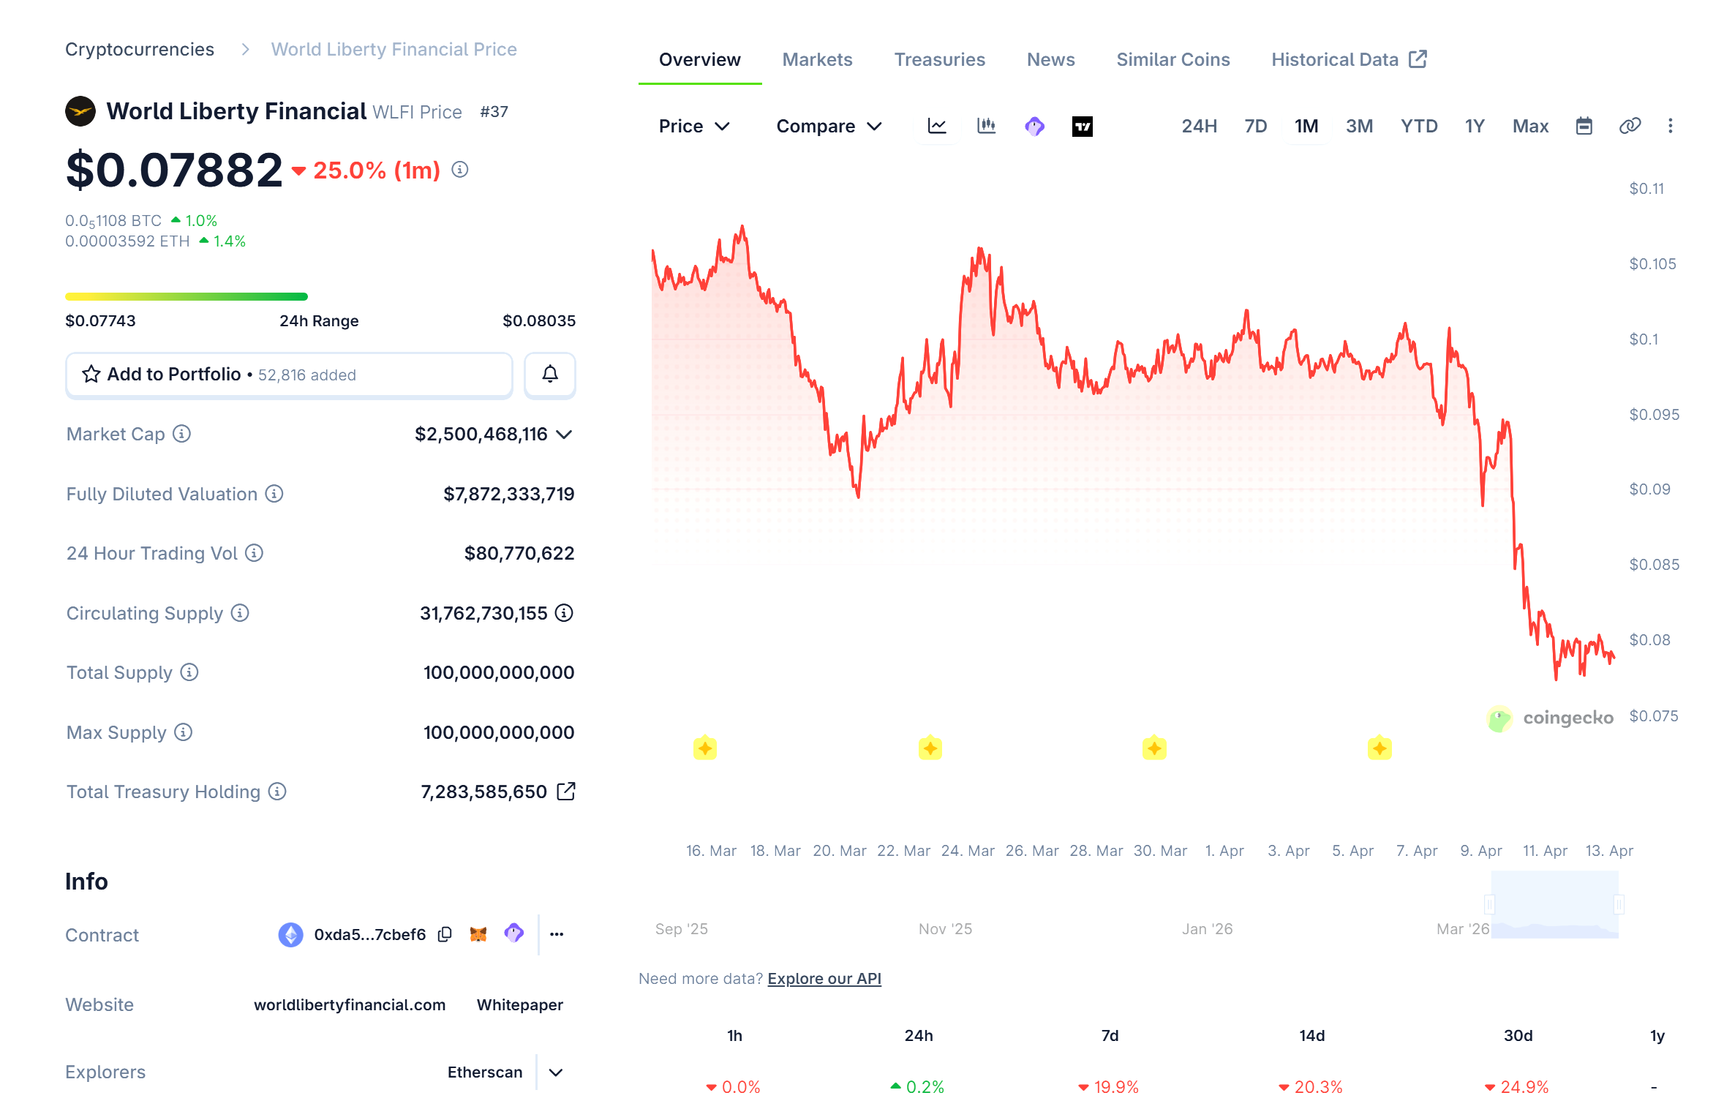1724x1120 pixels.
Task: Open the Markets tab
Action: (817, 59)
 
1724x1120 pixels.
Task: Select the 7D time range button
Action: (1255, 126)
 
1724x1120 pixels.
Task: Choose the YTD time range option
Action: (1418, 126)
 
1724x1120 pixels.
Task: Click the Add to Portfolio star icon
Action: (91, 375)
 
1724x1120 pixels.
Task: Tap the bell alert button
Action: (549, 375)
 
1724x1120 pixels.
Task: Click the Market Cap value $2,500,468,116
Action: (481, 434)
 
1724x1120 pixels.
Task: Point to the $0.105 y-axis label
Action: (1652, 264)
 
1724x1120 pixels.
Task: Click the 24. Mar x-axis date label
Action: (967, 851)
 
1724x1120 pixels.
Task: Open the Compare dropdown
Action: (829, 126)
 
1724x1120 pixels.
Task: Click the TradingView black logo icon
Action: (1082, 126)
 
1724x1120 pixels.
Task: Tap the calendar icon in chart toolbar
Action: (1584, 126)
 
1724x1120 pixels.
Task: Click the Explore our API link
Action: (824, 979)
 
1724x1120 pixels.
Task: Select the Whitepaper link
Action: (519, 1004)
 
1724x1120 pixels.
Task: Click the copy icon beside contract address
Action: (445, 934)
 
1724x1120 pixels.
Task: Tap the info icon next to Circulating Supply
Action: (240, 613)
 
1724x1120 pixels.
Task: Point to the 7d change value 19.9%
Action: (1115, 1087)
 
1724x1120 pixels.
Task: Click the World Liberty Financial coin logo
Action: (80, 111)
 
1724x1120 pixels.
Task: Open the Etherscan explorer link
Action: (484, 1072)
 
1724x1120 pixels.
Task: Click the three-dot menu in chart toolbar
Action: (1670, 126)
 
